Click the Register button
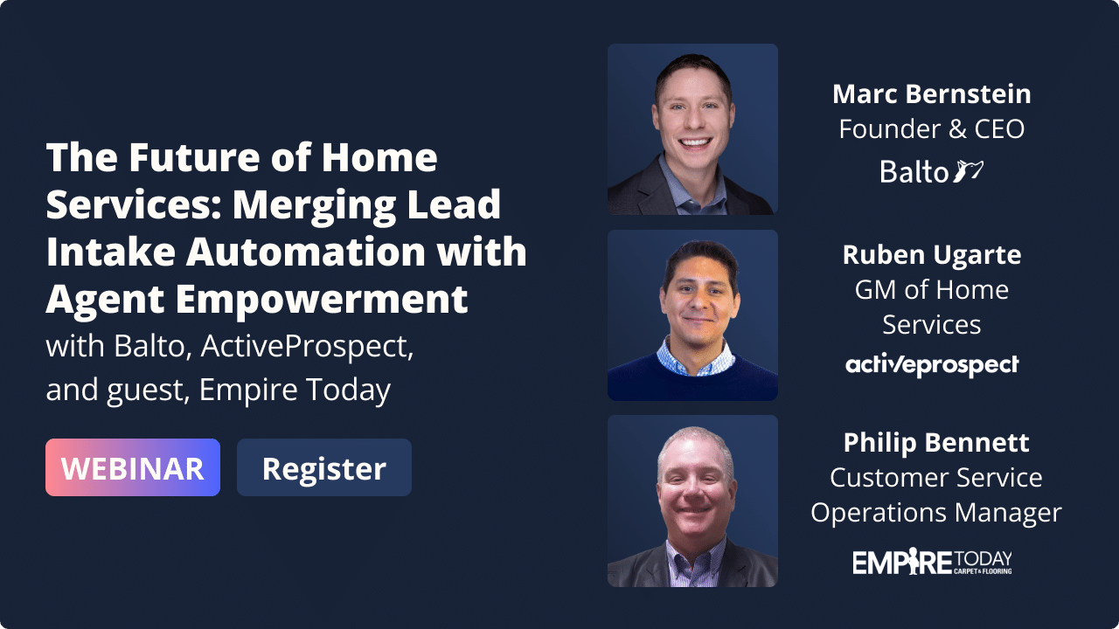324,467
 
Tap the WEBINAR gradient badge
133,467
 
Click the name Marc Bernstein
932,93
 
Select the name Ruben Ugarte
932,256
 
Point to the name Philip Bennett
936,443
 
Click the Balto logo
932,171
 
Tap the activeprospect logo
932,364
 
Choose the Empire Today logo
932,561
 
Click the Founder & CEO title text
932,128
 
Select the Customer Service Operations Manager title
936,495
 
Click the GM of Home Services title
932,307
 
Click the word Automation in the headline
306,252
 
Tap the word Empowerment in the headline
322,301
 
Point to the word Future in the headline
196,157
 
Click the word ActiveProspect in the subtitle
307,347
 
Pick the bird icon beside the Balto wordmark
968,170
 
